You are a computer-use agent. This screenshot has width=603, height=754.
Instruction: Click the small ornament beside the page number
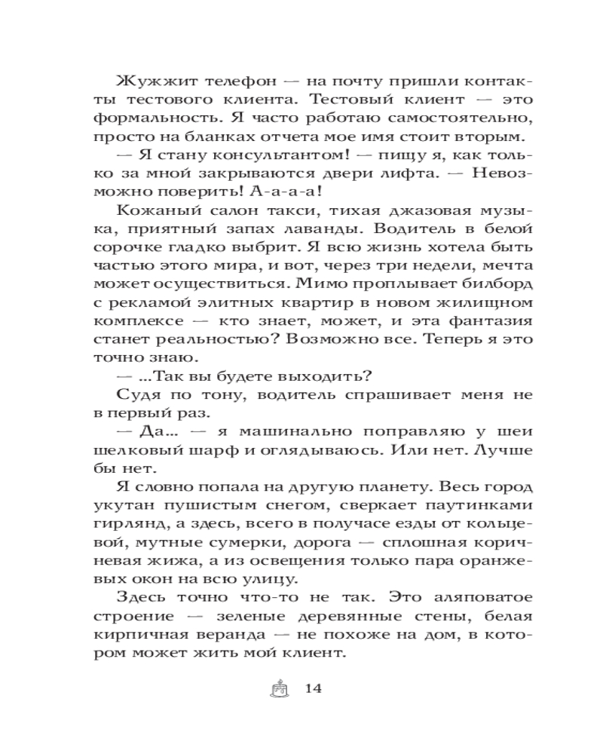point(279,688)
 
